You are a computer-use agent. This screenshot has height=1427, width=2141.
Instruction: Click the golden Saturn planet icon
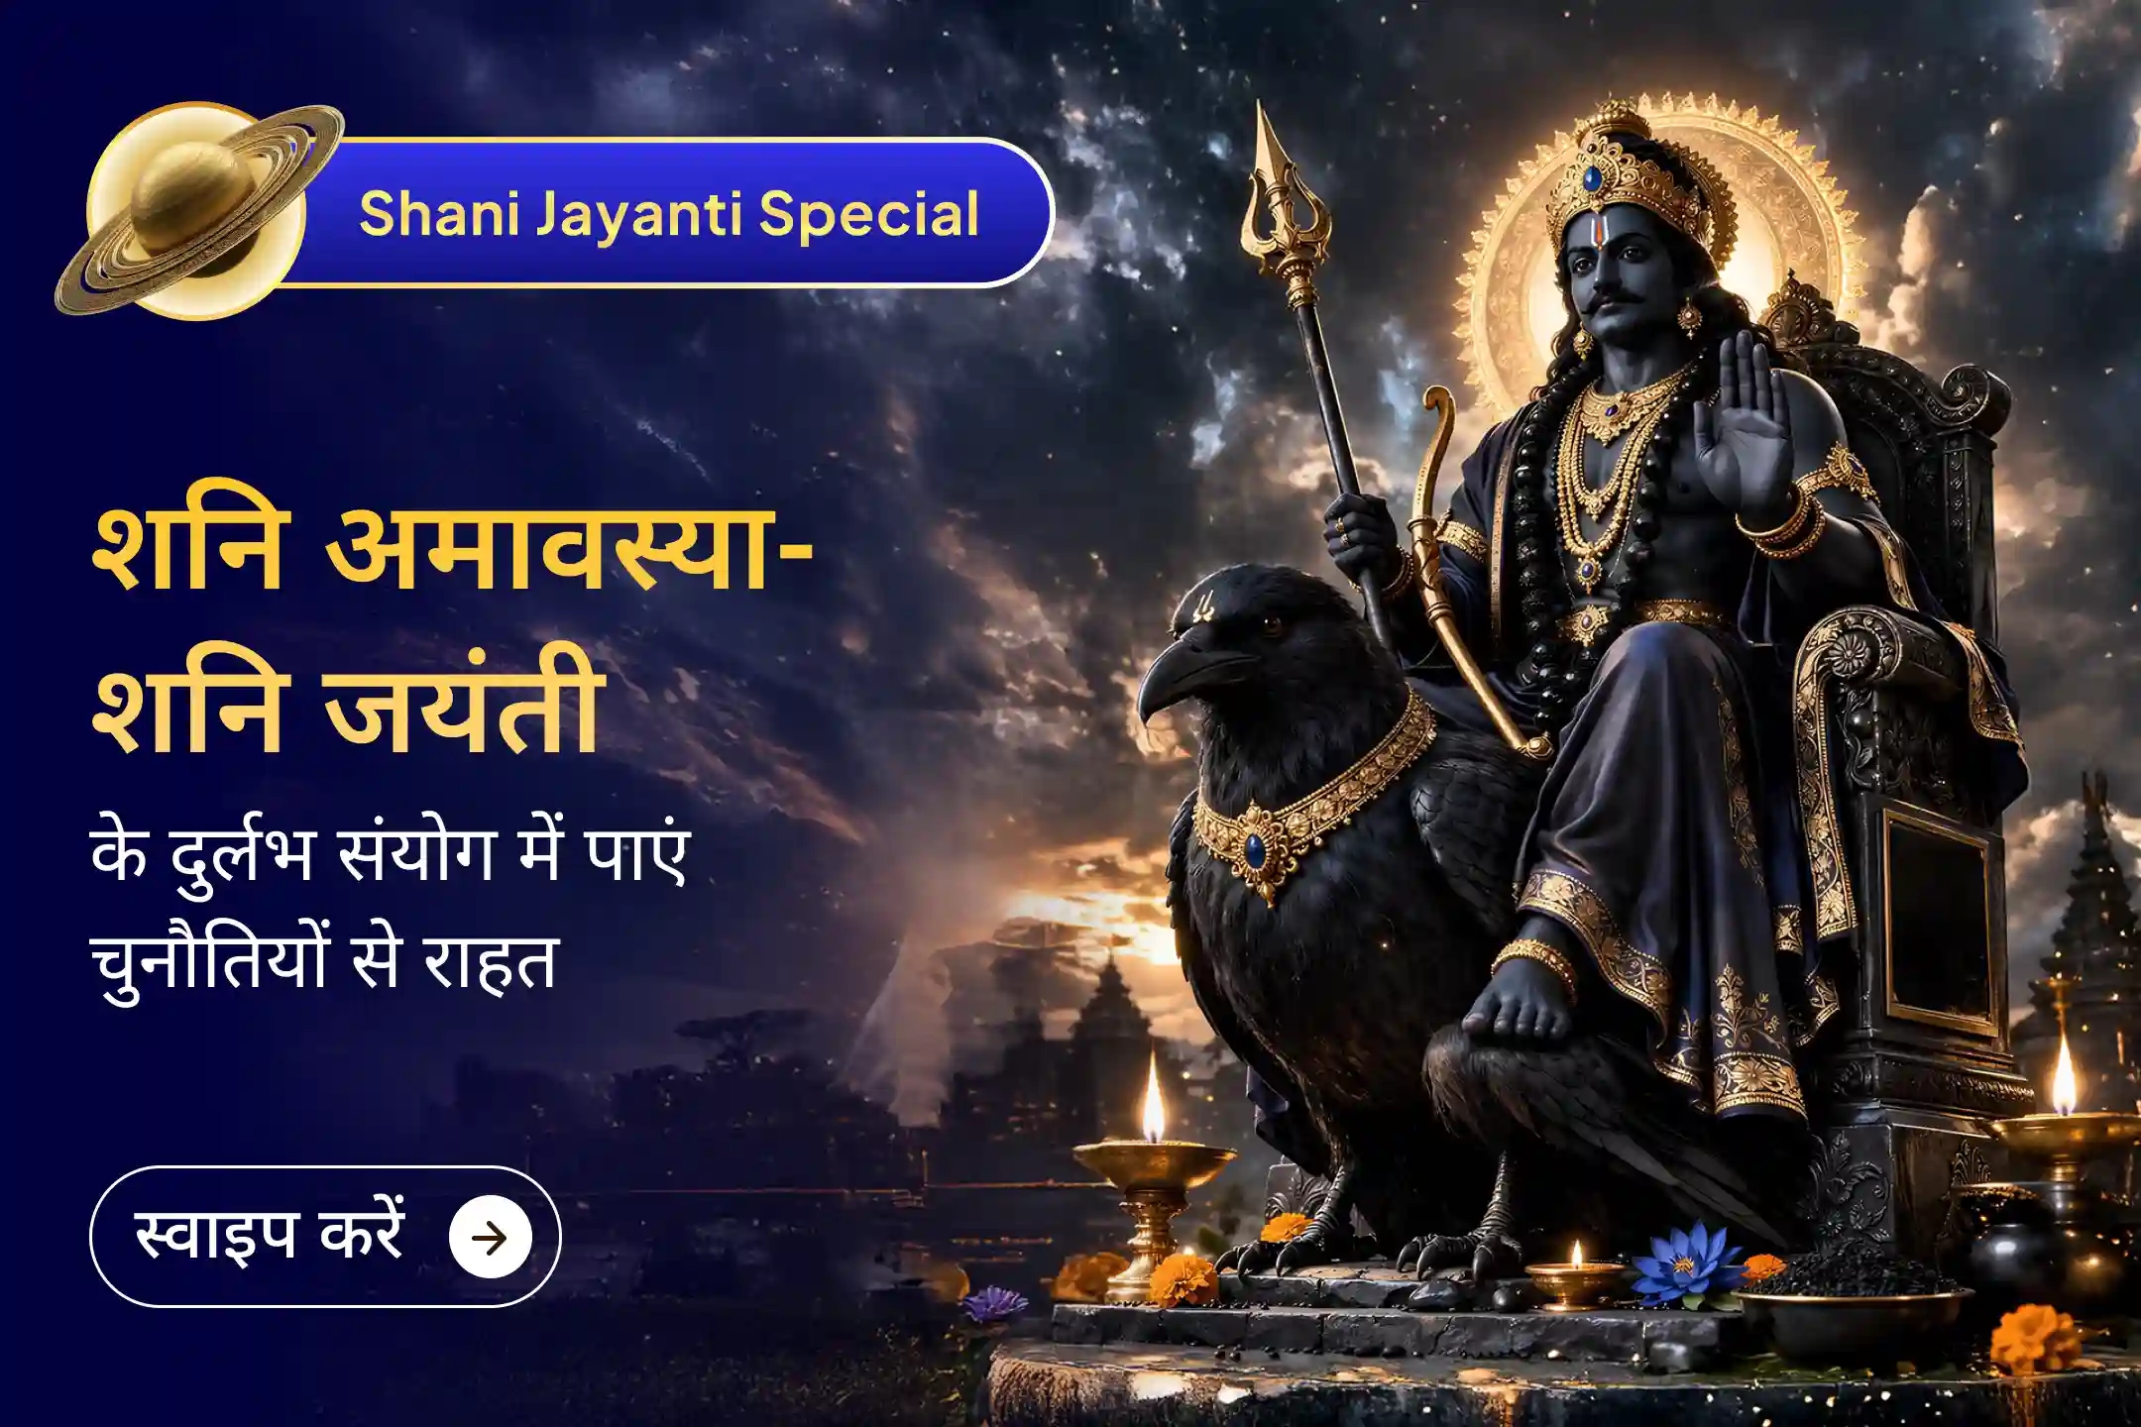[x=198, y=213]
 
